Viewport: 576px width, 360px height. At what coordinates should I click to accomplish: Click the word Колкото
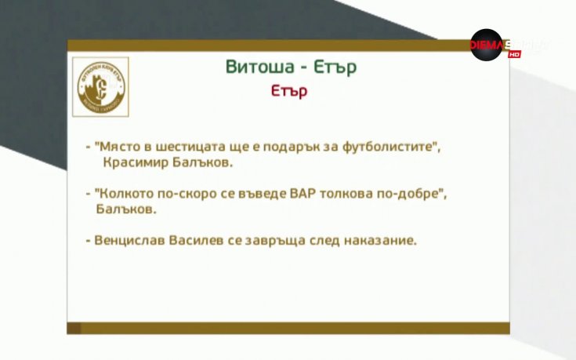[124, 194]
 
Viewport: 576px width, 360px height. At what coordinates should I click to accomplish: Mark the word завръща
[284, 240]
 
